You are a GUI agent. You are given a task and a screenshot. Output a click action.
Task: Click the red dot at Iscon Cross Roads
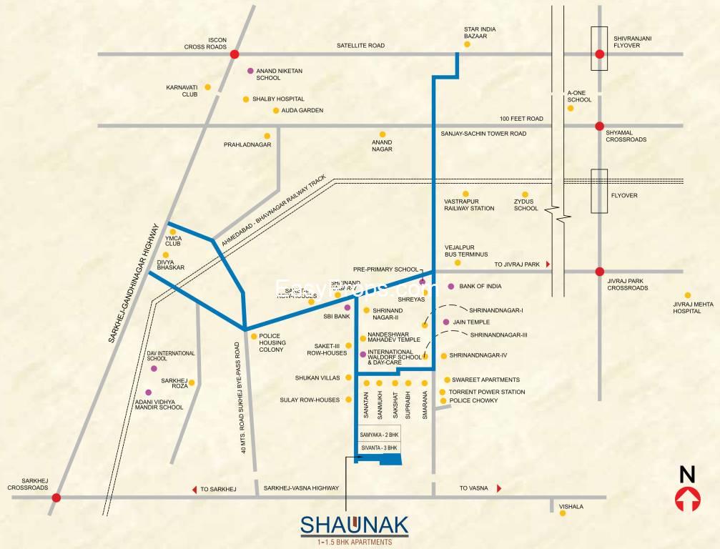pos(235,54)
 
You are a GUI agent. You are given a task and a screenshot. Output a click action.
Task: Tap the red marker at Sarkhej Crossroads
pos(56,498)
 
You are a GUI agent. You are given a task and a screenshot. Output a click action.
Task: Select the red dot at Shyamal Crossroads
pos(600,126)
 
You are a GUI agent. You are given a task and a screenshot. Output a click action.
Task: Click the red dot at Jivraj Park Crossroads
pos(600,272)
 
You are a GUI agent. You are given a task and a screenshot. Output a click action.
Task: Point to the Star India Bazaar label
pos(480,32)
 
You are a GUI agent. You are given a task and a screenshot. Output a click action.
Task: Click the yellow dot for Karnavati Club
pos(208,87)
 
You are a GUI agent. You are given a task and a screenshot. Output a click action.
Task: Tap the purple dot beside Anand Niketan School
pos(250,71)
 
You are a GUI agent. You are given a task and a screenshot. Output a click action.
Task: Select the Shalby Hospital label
pos(278,99)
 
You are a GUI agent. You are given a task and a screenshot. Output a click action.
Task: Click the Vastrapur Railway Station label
pos(469,205)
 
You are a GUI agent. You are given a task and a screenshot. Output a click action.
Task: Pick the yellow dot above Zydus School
pos(524,194)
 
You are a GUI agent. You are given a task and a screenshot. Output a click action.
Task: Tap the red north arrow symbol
pos(687,499)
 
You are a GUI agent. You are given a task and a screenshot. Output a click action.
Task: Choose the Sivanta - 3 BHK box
pos(379,447)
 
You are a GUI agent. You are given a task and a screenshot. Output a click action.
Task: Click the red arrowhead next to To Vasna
pos(498,488)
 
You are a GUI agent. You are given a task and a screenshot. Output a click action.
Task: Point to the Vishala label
pos(572,506)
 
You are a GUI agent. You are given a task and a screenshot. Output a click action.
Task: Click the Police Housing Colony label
pos(272,342)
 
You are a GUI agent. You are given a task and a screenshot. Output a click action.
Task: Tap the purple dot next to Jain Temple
pos(446,322)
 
